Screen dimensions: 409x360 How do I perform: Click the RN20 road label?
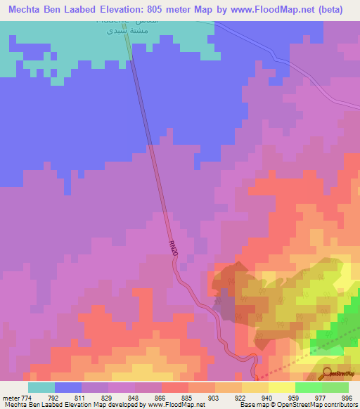pos(173,248)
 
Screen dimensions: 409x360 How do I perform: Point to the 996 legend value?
pos(342,398)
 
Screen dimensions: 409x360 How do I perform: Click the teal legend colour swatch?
pos(41,387)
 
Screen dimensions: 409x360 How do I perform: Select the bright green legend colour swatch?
pos(309,387)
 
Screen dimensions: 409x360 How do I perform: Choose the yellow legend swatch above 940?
pos(255,387)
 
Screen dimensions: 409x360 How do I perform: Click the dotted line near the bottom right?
pos(295,368)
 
